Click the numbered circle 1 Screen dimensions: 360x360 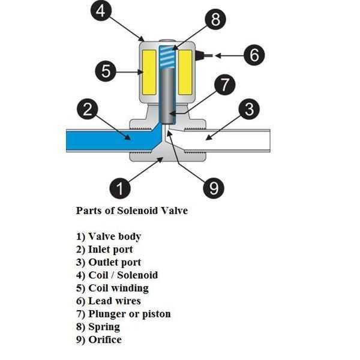click(x=120, y=188)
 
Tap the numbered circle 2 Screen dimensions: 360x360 click(x=88, y=109)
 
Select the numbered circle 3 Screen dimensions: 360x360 click(x=249, y=109)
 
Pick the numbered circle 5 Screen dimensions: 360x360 click(x=106, y=72)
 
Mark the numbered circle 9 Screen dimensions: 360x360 click(x=214, y=188)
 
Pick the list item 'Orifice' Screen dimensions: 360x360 click(x=98, y=340)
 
